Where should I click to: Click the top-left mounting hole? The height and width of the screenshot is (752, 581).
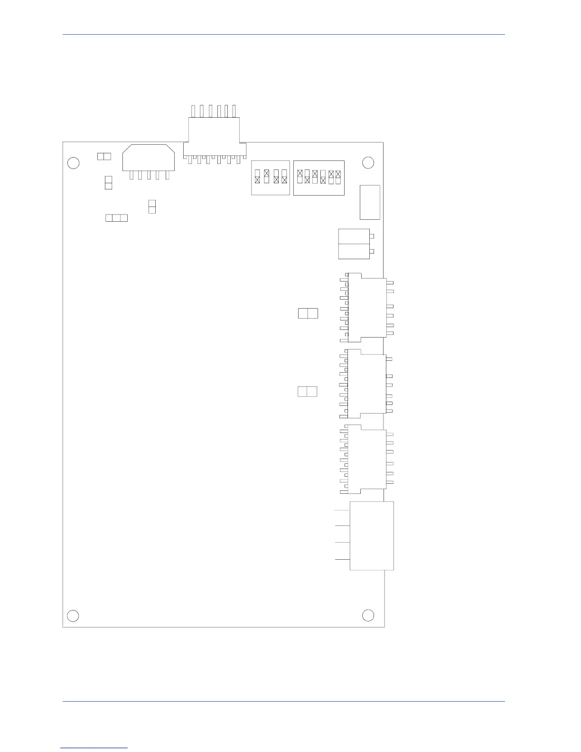[73, 163]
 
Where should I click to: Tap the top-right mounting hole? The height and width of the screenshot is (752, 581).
[368, 163]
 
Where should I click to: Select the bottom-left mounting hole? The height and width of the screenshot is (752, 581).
[73, 616]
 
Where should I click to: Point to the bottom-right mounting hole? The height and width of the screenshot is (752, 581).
[368, 615]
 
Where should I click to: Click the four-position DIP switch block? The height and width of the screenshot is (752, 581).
[270, 178]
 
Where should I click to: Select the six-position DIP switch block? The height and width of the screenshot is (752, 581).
[319, 178]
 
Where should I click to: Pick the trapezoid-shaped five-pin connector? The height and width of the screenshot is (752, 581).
[148, 158]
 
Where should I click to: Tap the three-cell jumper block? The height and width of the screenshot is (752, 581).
[116, 218]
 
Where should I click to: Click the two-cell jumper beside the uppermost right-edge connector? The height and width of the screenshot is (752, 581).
[308, 313]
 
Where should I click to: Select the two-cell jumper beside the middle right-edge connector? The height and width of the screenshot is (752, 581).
[307, 392]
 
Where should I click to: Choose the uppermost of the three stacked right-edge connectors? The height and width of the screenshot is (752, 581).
[367, 307]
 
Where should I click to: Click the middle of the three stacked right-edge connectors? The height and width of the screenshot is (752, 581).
[366, 384]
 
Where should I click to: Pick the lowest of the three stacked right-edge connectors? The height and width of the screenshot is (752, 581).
[367, 459]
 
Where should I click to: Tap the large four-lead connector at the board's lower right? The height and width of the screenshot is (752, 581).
[372, 536]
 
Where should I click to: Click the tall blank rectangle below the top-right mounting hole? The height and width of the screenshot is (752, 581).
[370, 202]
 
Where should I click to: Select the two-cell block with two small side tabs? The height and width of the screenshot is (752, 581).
[354, 244]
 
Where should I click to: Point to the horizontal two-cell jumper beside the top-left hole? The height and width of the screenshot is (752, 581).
[104, 156]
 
